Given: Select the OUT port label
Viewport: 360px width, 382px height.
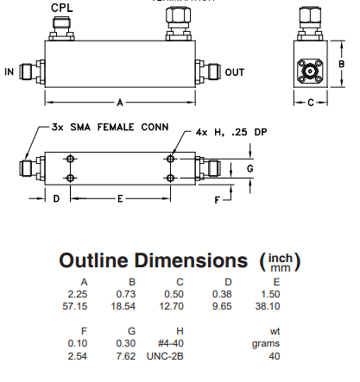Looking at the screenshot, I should tap(235, 72).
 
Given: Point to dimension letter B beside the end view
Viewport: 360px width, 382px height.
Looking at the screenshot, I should tap(342, 64).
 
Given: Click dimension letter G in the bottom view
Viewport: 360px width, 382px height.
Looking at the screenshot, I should tap(250, 168).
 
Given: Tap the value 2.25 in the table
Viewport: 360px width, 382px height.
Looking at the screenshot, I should tap(84, 292).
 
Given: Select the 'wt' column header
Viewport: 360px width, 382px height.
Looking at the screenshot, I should tap(275, 329).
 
